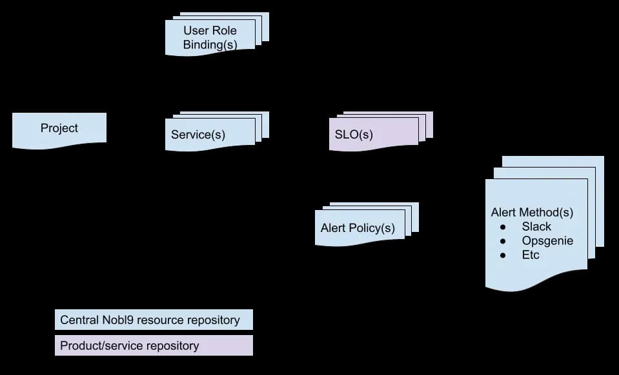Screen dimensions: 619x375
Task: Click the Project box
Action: point(59,130)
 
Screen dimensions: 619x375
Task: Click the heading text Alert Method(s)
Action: point(532,213)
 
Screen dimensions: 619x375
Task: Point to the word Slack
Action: point(536,227)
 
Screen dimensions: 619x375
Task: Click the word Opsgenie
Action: point(547,241)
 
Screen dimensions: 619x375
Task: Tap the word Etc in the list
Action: point(531,255)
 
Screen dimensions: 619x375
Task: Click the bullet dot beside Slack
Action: point(503,227)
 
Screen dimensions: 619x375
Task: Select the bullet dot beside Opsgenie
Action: point(503,241)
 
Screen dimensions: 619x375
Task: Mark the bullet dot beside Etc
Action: point(503,255)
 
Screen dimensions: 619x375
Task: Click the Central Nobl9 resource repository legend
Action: point(154,320)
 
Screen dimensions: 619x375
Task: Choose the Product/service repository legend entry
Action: point(154,345)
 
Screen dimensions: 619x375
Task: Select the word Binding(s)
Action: point(210,44)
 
